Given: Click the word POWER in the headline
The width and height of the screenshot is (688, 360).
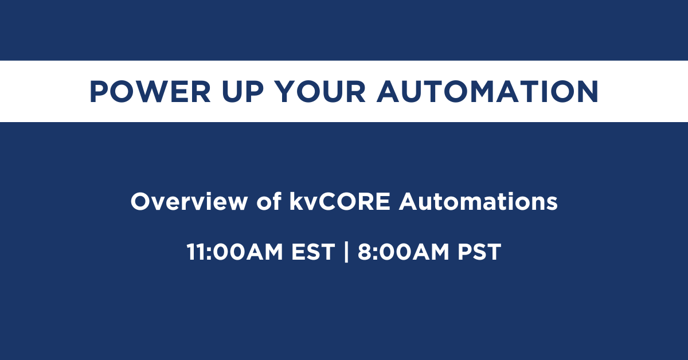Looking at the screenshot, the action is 150,92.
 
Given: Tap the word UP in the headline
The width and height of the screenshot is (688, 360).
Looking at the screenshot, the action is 243,92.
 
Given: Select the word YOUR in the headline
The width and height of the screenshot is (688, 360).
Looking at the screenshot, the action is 320,92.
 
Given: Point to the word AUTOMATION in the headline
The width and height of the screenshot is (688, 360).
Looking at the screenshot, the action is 488,92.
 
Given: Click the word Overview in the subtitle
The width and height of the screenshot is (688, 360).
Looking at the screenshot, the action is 189,202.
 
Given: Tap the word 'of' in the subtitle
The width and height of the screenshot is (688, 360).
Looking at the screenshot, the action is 269,201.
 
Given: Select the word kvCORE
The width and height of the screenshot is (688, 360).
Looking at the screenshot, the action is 340,202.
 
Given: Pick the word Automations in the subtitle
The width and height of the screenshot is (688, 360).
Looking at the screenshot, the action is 478,202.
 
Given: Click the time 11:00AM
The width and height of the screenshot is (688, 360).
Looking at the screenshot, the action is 235,252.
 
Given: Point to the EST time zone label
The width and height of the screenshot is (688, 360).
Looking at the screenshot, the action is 313,252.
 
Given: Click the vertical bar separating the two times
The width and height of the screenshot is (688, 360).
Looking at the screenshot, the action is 346,252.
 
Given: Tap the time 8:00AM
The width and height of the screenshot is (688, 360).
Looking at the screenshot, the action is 403,252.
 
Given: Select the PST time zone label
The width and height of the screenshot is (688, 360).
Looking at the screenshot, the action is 479,252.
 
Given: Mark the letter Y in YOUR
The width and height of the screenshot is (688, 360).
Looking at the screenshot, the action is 286,92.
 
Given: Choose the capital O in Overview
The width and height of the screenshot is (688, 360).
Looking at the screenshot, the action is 140,202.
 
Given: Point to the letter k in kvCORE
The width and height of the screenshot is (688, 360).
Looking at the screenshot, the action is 296,201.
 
